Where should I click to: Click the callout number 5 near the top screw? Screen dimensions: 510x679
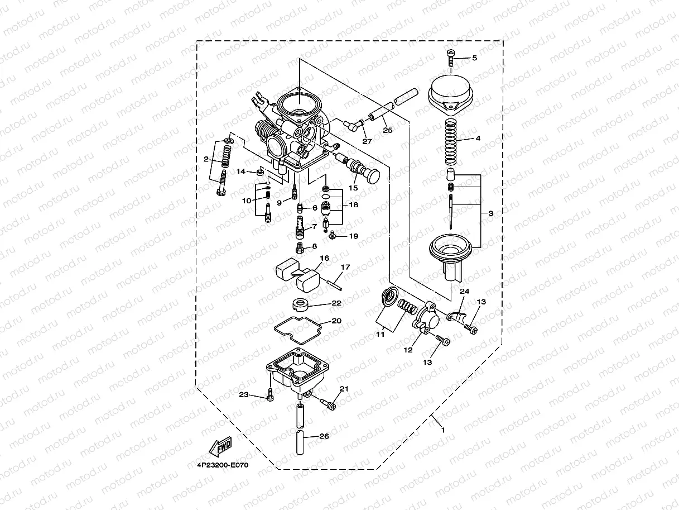(474, 58)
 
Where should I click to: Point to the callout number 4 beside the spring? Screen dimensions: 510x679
(477, 138)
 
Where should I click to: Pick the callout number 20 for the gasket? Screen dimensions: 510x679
(336, 321)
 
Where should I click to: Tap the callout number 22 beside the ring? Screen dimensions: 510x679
(336, 303)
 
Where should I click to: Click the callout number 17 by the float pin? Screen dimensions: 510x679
(345, 268)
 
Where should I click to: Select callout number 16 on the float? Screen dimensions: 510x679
(325, 258)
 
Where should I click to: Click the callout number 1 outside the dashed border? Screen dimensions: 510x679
(443, 430)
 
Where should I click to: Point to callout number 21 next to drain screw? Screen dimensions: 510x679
(344, 389)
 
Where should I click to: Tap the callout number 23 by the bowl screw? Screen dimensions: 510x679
(243, 395)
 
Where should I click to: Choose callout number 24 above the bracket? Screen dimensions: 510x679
(464, 291)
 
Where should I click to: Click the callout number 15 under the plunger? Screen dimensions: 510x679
(353, 188)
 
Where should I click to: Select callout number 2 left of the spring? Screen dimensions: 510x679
(206, 160)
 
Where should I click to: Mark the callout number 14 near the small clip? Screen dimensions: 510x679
(240, 171)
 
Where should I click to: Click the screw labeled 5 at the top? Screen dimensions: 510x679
(451, 58)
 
